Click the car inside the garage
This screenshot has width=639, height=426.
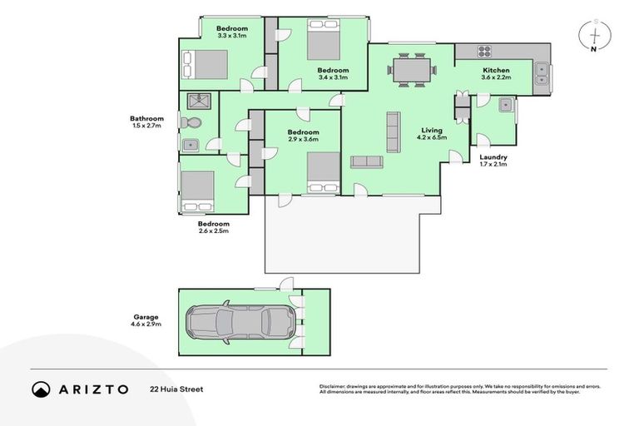click(240, 321)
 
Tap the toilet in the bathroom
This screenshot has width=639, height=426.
click(192, 123)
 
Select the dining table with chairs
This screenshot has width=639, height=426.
click(414, 69)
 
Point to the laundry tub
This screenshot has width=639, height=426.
click(504, 105)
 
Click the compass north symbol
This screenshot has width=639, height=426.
click(595, 37)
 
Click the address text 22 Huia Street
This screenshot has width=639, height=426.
click(177, 389)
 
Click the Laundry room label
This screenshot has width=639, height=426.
click(493, 156)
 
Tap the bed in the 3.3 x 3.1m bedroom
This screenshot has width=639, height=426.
click(205, 64)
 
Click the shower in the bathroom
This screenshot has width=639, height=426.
click(199, 102)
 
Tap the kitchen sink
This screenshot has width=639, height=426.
click(542, 73)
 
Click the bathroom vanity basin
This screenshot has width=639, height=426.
click(191, 144)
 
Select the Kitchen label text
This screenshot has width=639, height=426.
click(495, 70)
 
